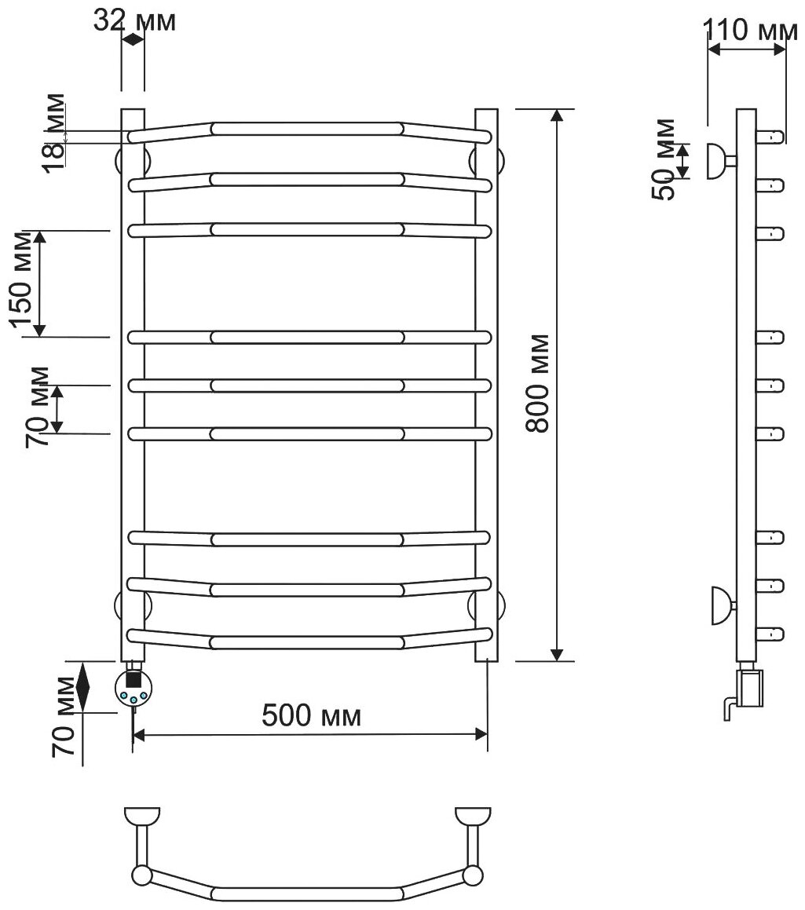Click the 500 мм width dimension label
[312, 715]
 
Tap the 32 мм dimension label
[134, 20]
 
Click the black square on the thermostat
[134, 674]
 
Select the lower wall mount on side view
[720, 605]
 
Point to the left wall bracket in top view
[142, 817]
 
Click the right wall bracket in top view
[473, 817]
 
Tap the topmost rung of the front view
[307, 128]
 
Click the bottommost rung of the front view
[307, 642]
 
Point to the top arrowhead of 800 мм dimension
[557, 116]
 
